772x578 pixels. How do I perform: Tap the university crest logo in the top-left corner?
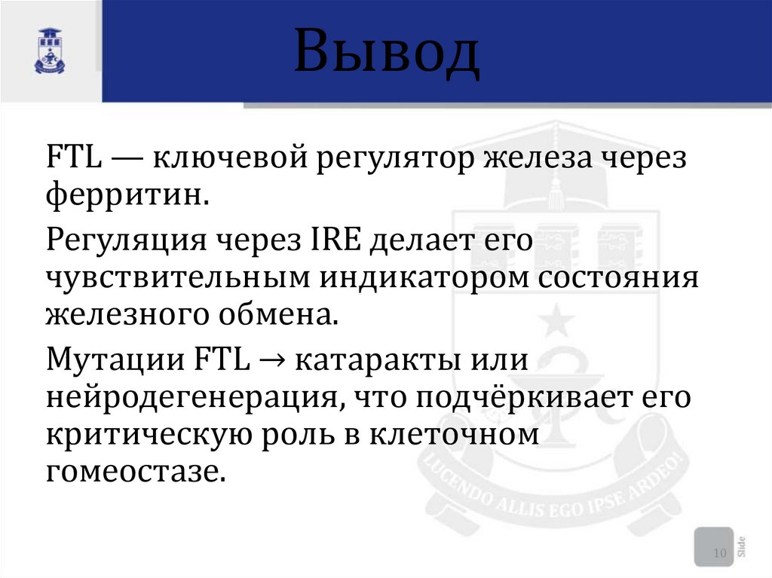pos(50,51)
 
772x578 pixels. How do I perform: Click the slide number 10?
pos(719,555)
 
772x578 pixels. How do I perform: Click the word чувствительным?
pos(178,277)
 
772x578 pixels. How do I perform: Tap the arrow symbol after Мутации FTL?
pos(271,359)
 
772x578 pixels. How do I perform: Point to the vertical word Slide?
pos(743,546)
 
